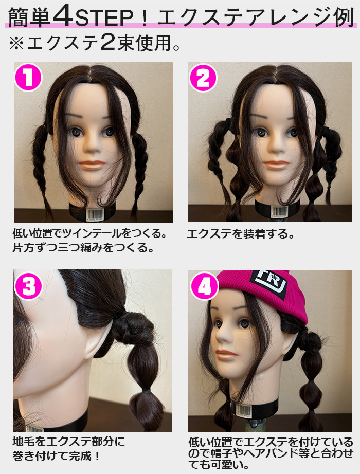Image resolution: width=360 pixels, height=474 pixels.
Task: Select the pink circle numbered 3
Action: click(x=28, y=284)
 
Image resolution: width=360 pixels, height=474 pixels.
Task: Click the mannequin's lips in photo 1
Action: click(x=93, y=166)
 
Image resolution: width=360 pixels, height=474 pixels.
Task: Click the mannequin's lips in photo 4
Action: click(x=226, y=354)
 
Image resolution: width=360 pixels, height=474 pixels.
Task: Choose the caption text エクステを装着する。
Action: click(x=241, y=234)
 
